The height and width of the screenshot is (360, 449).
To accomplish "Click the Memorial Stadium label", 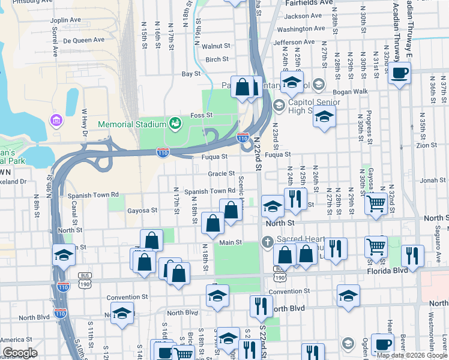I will [x=132, y=124].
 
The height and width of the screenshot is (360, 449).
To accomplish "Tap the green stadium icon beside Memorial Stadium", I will [x=175, y=124].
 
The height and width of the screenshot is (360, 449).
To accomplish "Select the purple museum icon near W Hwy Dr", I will [x=57, y=121].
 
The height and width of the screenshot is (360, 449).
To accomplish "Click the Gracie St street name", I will [x=221, y=173].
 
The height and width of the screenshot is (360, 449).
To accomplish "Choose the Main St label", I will [x=230, y=242].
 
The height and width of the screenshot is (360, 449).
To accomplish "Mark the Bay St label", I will [x=191, y=74].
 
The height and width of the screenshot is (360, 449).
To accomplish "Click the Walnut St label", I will [x=216, y=46].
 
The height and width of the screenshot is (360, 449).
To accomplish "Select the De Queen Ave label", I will [x=84, y=40].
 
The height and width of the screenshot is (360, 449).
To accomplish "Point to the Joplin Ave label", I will [x=66, y=20].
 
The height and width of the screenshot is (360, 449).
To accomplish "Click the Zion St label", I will [x=427, y=145].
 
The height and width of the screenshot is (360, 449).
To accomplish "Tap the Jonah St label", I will [x=433, y=180].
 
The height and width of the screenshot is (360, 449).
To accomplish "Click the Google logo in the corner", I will [x=20, y=353].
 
